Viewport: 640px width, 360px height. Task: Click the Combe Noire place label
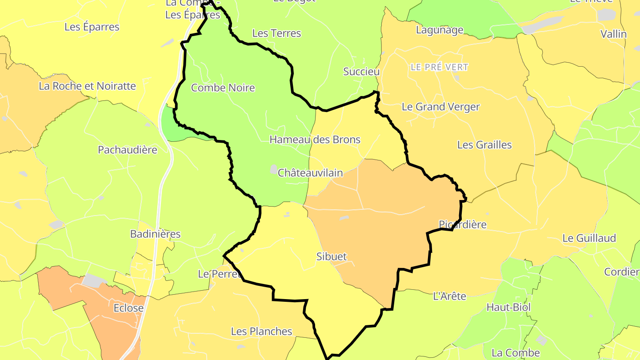pos(223,88)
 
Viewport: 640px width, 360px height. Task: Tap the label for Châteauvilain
pos(310,173)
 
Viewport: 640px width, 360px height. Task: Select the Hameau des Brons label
pos(315,140)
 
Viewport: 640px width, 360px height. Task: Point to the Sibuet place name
pos(331,256)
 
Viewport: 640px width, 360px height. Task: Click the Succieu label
pos(361,72)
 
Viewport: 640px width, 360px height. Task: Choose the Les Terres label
pos(276,33)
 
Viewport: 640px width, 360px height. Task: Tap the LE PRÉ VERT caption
pos(440,68)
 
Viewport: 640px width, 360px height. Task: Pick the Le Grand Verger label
pos(440,107)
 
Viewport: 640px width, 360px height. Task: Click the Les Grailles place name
pos(484,145)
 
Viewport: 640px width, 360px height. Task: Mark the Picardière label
pos(462,224)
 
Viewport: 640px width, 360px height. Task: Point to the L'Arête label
pos(449,296)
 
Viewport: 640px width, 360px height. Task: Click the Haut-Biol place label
pos(508,307)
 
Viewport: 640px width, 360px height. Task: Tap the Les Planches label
pos(261,331)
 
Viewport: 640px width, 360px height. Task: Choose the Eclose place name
pos(128,308)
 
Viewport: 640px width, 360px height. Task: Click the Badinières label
pos(155,234)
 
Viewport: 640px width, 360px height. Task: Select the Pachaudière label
pos(128,150)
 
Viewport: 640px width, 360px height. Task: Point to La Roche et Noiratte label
pos(87,86)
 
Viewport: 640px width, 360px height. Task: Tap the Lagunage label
pos(440,30)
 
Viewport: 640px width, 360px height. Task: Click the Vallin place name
pos(613,34)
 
